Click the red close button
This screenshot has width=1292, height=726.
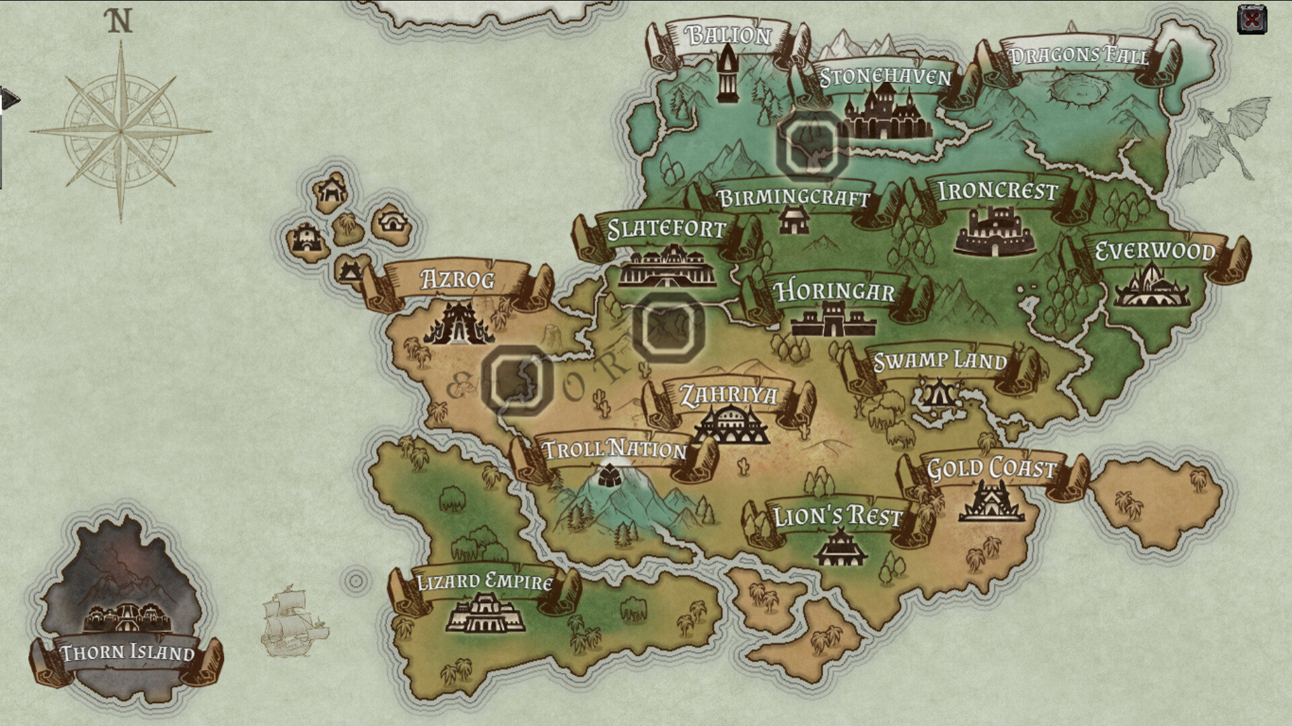(x=1252, y=19)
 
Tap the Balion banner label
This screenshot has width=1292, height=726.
(x=729, y=34)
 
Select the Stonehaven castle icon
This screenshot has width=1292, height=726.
(x=887, y=116)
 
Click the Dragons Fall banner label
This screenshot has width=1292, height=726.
(x=1079, y=55)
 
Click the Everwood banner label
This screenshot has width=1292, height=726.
(x=1155, y=251)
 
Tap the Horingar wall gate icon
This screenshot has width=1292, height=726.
(x=834, y=320)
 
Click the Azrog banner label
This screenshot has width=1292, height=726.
(x=458, y=279)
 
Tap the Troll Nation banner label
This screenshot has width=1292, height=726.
(x=614, y=450)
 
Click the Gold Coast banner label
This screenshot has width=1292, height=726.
(x=991, y=469)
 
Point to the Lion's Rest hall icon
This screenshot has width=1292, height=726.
(x=839, y=547)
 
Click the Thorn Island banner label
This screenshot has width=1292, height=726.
(x=127, y=653)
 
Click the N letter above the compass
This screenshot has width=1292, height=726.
(x=120, y=22)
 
